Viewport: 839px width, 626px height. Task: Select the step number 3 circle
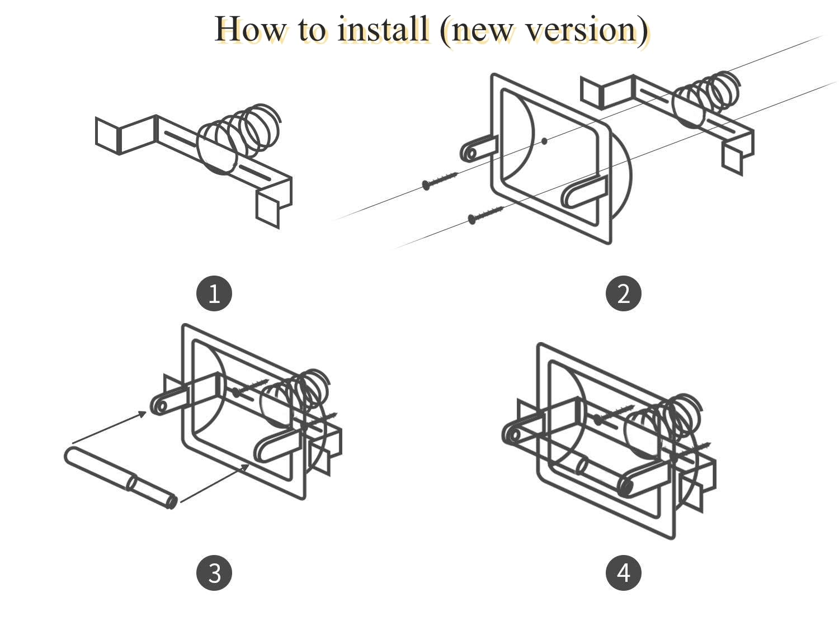pos(214,573)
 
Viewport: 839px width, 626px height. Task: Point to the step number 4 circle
pos(623,573)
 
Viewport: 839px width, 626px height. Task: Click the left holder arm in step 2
pos(477,148)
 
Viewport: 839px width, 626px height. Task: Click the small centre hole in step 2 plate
pos(544,141)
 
